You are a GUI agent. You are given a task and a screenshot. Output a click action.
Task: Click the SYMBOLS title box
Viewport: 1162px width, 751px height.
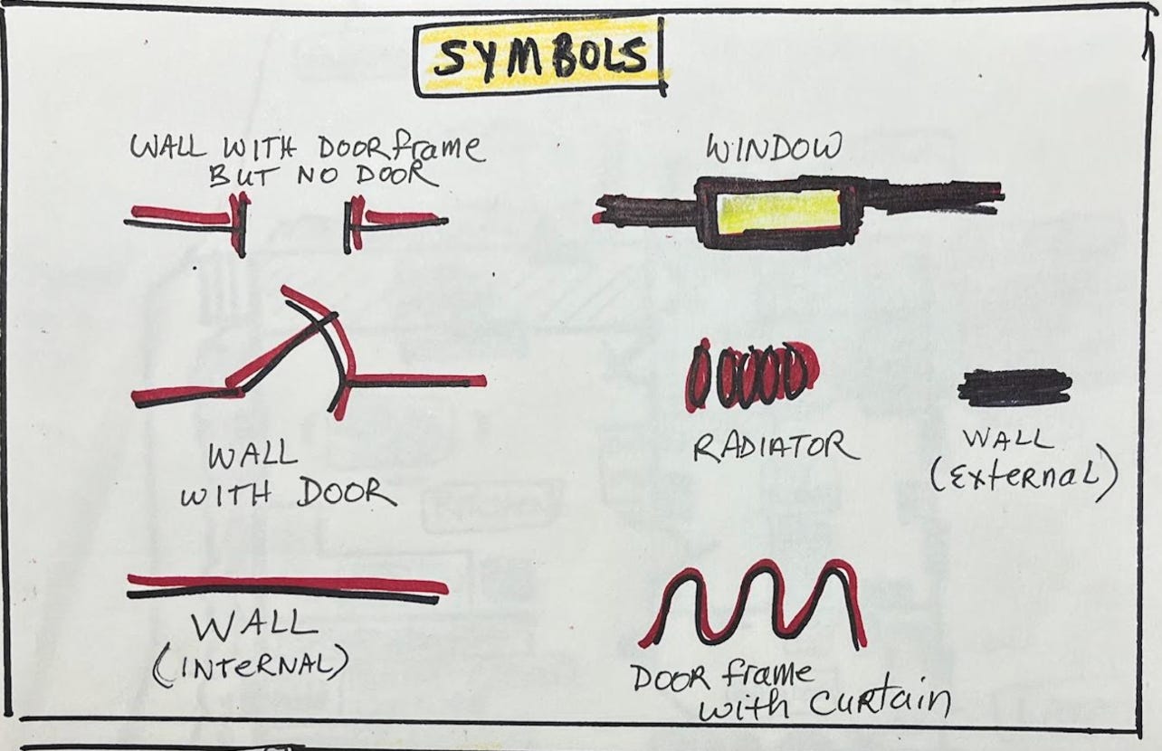pyautogui.click(x=540, y=58)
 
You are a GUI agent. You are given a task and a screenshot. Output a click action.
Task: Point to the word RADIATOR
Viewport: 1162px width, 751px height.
pyautogui.click(x=774, y=447)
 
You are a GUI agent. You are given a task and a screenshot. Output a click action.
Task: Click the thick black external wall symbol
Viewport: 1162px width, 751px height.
pyautogui.click(x=1014, y=386)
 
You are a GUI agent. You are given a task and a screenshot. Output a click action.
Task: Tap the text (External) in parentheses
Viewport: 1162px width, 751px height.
pyautogui.click(x=1023, y=478)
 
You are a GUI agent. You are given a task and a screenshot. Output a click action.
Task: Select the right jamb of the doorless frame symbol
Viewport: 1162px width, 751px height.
pyautogui.click(x=352, y=223)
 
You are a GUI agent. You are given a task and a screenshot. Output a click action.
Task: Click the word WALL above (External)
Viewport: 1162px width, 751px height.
pyautogui.click(x=1007, y=441)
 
